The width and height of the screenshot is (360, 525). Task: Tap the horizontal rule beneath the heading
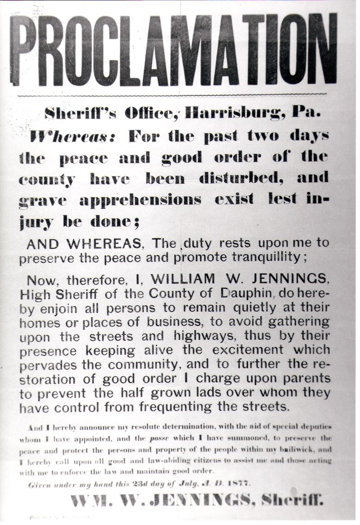point(172,95)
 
